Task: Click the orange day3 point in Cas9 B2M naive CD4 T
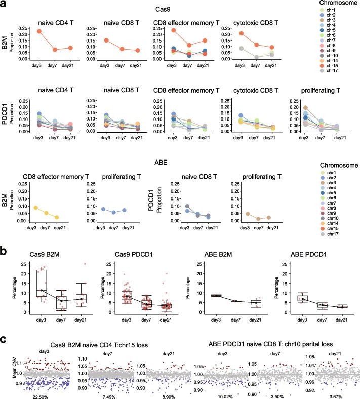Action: point(38,31)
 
